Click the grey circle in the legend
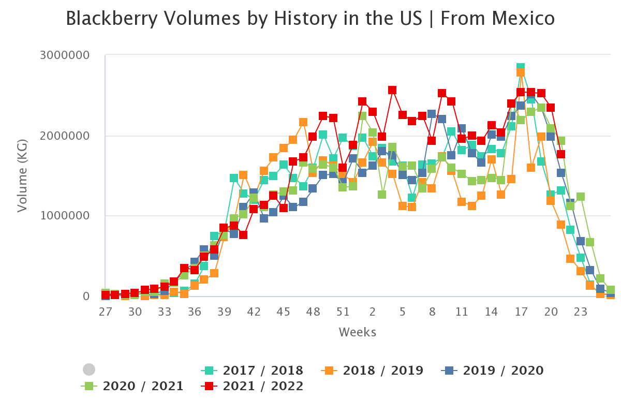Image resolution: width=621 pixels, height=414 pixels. tap(89, 369)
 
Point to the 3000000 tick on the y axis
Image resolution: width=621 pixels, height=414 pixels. tap(65, 55)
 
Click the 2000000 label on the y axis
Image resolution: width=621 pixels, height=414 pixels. tap(65, 136)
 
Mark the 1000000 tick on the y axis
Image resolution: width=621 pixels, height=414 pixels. tap(65, 216)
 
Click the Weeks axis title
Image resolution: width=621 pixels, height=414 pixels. tap(358, 332)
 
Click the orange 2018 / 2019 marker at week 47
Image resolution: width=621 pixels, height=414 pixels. tap(303, 122)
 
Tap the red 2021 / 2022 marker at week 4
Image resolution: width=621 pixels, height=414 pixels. tap(392, 90)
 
